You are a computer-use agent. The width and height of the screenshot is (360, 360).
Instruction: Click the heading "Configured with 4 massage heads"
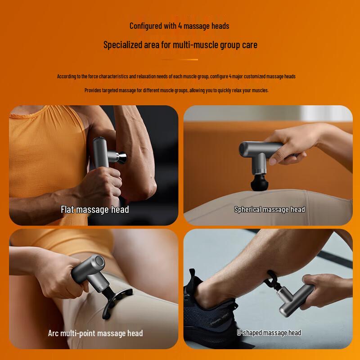click(179, 26)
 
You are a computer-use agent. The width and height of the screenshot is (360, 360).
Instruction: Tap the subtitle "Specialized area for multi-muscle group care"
click(180, 45)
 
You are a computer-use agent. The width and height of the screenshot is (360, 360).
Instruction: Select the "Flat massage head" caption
click(95, 209)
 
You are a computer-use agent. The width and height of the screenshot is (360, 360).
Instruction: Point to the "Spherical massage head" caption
click(270, 209)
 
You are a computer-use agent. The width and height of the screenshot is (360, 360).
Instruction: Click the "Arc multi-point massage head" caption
click(95, 333)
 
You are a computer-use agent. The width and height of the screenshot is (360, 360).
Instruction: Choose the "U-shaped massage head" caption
click(269, 333)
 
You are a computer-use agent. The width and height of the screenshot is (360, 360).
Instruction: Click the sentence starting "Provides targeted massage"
click(176, 90)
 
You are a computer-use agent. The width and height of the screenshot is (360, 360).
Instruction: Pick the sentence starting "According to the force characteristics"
click(176, 76)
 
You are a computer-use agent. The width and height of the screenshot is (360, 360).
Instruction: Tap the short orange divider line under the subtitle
click(180, 59)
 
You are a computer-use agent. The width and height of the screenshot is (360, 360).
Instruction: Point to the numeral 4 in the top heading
click(179, 26)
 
